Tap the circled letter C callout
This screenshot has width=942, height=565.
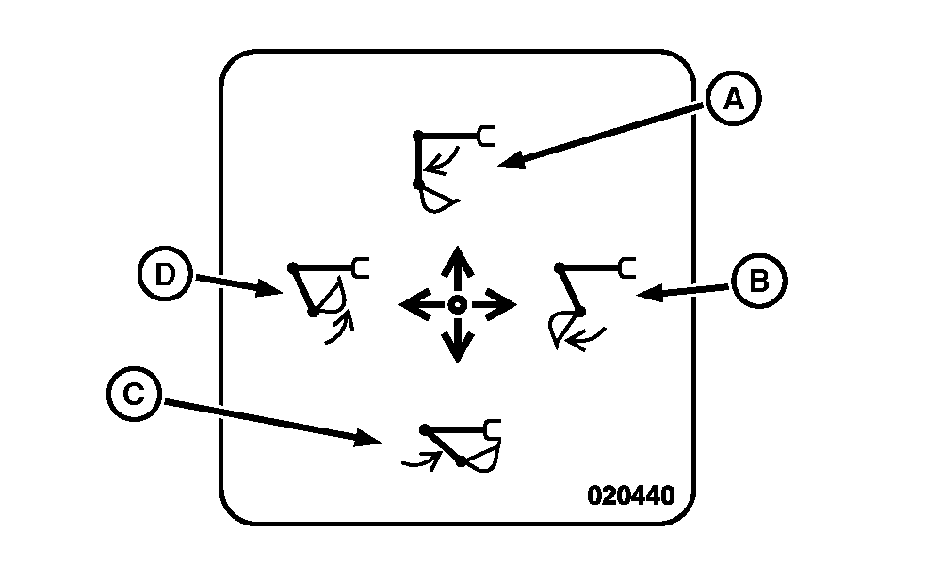coord(134,395)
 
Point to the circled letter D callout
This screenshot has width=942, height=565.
coord(164,274)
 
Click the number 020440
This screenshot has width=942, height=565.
coord(631,495)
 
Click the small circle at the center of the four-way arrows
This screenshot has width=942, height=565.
coord(458,304)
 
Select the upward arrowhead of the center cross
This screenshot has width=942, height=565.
coord(458,259)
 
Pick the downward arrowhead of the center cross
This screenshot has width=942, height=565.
coord(458,350)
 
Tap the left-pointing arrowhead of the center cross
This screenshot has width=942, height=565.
coord(412,304)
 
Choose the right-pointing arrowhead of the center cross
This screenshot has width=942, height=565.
coord(504,304)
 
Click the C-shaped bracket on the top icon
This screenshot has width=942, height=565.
coord(486,137)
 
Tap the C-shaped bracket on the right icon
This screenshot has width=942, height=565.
coord(626,268)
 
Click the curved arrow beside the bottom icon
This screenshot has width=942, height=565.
coord(421,460)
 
